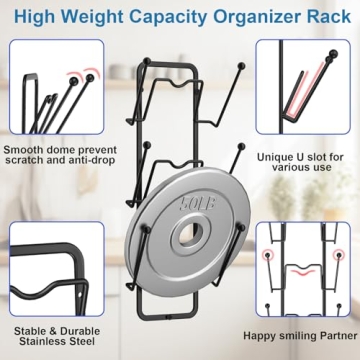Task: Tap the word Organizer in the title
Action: (264, 17)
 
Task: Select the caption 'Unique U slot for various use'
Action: (300, 162)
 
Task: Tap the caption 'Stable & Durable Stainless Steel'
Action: (57, 336)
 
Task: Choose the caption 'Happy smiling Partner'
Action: (300, 336)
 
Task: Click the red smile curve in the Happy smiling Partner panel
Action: (303, 272)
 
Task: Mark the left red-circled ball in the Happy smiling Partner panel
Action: (267, 255)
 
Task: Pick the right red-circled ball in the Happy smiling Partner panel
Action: (339, 255)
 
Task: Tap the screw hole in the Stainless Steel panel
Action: (81, 295)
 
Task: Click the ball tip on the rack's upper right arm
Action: (242, 66)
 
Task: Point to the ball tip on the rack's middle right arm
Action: (242, 146)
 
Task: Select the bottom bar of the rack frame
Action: (168, 316)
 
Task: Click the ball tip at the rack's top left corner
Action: (147, 61)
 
